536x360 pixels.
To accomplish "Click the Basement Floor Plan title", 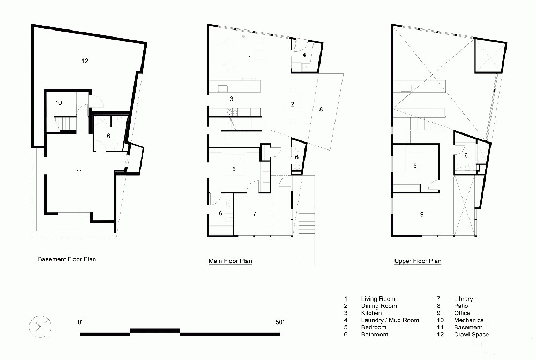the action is (67, 259).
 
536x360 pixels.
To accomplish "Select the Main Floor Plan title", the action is (230, 261).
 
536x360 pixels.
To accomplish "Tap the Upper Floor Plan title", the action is (418, 261).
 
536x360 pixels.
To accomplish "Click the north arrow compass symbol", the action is (40, 327).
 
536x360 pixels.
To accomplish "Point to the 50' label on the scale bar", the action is (280, 322).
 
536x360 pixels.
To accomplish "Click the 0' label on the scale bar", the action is (80, 322).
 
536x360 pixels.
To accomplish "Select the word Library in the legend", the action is (463, 299).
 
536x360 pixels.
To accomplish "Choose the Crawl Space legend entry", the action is (471, 334).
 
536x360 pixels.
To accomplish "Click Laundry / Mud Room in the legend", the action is (390, 320).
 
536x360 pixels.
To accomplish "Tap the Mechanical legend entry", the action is (470, 320).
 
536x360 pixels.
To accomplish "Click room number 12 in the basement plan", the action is (85, 61).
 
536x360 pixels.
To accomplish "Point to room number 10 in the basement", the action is (58, 103).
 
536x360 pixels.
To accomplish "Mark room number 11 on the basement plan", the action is (79, 172).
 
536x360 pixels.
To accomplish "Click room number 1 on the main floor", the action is (250, 58).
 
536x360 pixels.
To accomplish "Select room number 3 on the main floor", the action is (232, 99).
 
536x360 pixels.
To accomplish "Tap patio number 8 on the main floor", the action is (321, 109).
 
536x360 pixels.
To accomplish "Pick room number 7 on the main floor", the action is (254, 214).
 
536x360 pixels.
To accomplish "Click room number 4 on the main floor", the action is (304, 55).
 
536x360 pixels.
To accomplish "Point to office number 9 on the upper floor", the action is (422, 214).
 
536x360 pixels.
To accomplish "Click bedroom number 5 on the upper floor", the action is (415, 166).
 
